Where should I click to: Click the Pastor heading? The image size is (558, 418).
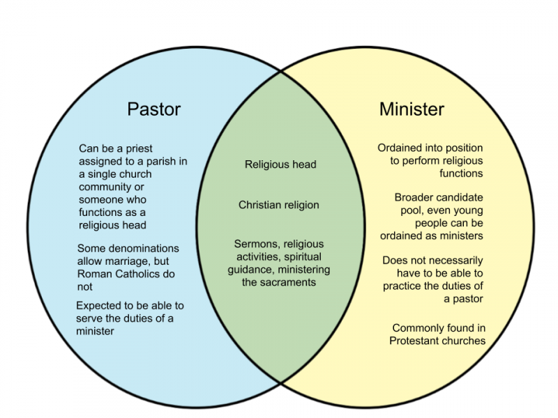click(153, 109)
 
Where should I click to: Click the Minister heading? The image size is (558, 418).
click(412, 109)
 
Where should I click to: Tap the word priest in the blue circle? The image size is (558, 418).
click(139, 148)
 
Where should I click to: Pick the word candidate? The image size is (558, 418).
click(461, 198)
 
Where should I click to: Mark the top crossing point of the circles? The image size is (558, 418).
click(281, 72)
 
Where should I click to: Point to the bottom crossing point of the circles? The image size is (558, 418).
click(281, 383)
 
